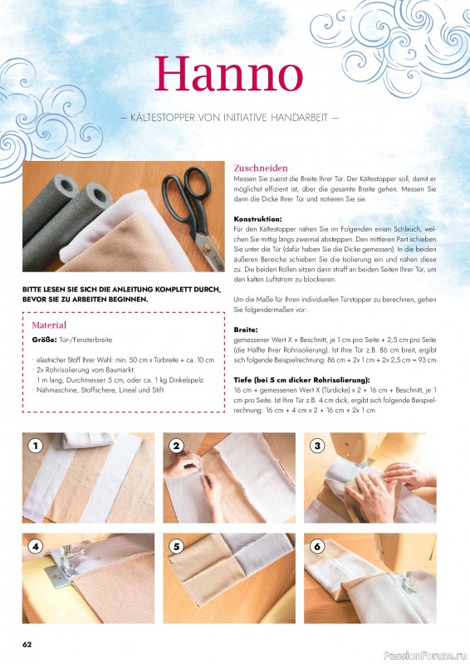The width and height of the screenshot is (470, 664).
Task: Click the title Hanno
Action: pyautogui.click(x=229, y=75)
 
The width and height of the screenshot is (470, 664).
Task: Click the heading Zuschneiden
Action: pyautogui.click(x=261, y=168)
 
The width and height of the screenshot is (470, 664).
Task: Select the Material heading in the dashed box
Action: pyautogui.click(x=49, y=325)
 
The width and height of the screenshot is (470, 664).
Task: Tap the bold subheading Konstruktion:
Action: pyautogui.click(x=257, y=219)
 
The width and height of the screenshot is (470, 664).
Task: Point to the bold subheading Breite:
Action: pyautogui.click(x=246, y=330)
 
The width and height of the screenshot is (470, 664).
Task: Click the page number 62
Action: pyautogui.click(x=27, y=644)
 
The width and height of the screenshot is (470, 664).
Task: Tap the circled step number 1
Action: pyautogui.click(x=36, y=446)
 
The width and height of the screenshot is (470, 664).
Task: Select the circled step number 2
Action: pyautogui.click(x=176, y=446)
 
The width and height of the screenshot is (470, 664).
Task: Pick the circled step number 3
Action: pyautogui.click(x=317, y=446)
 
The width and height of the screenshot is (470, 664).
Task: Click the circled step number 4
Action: pyautogui.click(x=36, y=546)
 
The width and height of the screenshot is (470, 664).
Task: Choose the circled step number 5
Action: pyautogui.click(x=176, y=546)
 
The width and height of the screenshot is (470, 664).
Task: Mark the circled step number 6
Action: pyautogui.click(x=317, y=546)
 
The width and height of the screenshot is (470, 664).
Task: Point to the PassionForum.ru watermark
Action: pyautogui.click(x=425, y=656)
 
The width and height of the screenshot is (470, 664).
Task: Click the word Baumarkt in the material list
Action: pyautogui.click(x=120, y=370)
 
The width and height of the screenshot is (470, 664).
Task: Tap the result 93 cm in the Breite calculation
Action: pyautogui.click(x=426, y=360)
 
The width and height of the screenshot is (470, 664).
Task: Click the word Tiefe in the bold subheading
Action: pyautogui.click(x=243, y=380)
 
